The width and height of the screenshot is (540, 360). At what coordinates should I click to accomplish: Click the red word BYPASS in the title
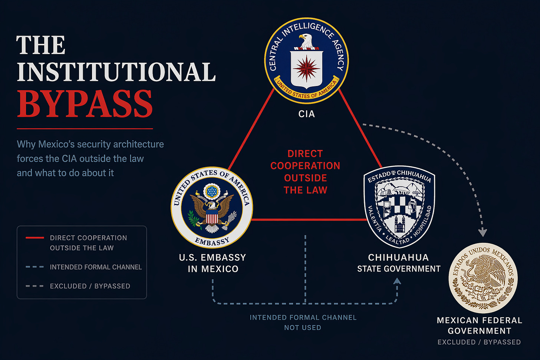85,104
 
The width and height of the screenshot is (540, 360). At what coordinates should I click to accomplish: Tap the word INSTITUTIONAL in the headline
116,72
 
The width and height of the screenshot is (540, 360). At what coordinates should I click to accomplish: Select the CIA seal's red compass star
306,68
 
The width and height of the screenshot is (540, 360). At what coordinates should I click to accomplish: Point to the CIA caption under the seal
306,114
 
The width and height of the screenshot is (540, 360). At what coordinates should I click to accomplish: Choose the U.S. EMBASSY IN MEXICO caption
213,263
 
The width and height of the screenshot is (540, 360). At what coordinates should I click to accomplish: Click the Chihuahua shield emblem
399,207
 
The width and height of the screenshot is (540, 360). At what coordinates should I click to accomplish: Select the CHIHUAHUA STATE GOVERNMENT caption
399,263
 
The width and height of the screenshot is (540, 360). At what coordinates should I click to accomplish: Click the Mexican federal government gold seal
483,278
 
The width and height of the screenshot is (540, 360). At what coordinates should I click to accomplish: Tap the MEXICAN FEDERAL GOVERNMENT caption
480,326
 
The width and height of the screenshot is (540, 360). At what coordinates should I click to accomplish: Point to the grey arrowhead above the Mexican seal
483,232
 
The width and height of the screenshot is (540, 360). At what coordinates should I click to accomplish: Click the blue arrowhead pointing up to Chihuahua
397,281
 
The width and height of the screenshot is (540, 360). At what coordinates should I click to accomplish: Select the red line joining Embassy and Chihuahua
309,219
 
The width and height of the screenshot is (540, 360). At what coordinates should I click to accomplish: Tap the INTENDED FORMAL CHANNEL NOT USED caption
303,323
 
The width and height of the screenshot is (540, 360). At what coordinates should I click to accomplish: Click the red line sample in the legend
35,238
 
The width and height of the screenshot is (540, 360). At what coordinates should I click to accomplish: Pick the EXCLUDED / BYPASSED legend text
90,286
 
